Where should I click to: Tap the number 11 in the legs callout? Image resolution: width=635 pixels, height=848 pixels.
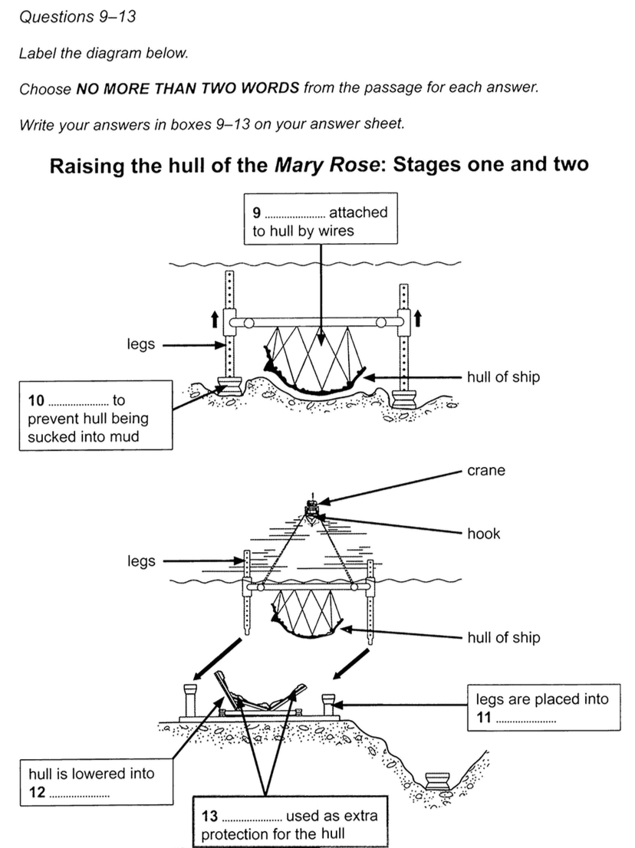[x=484, y=717]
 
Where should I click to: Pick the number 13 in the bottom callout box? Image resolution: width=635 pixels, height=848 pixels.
[x=209, y=816]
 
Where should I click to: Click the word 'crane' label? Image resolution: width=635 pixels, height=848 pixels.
[x=486, y=471]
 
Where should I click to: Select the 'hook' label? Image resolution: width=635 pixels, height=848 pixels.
[x=483, y=534]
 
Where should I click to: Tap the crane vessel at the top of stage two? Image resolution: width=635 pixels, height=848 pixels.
[x=312, y=507]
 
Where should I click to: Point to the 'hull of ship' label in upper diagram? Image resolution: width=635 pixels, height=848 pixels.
[x=503, y=377]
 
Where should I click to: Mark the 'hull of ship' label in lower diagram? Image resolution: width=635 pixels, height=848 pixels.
[x=503, y=637]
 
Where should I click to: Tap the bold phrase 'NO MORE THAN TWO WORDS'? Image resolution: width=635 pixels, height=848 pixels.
[x=188, y=88]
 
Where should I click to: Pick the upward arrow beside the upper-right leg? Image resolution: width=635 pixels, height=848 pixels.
[x=417, y=316]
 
